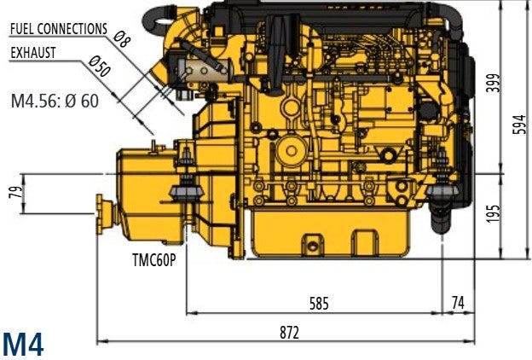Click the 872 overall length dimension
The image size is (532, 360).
point(289,333)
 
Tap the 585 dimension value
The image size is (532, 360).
point(319,304)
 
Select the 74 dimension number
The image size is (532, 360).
point(458,302)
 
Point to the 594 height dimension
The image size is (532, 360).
point(522,125)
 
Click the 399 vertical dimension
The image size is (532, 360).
point(493,83)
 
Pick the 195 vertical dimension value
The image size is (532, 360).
point(493,213)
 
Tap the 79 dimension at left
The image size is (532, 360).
point(16,192)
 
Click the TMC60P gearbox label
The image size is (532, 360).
point(154,260)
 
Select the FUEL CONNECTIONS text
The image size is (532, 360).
point(59,29)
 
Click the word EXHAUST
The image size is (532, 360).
point(33,53)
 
